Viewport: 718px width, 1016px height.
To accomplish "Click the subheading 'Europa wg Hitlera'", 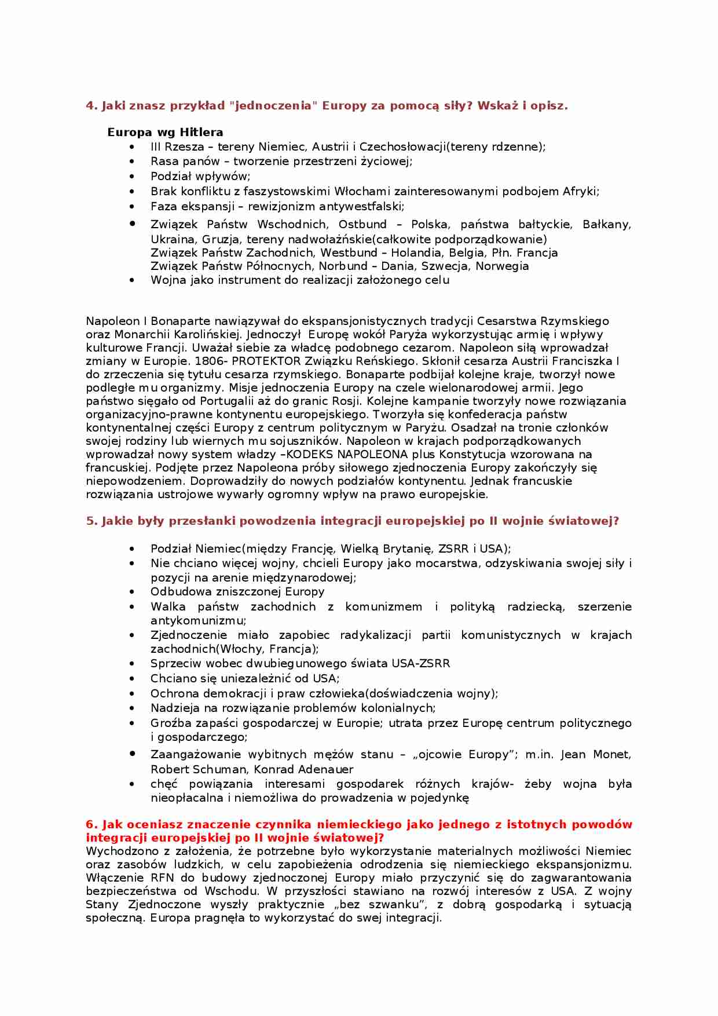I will pyautogui.click(x=165, y=132).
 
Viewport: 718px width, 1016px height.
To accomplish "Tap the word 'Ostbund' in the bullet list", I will pyautogui.click(x=362, y=224).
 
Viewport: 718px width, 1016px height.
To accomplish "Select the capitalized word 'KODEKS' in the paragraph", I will pyautogui.click(x=310, y=454).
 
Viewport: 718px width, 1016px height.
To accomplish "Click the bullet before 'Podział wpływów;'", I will pyautogui.click(x=133, y=176).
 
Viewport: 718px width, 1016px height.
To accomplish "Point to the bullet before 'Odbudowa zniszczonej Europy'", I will pyautogui.click(x=133, y=591).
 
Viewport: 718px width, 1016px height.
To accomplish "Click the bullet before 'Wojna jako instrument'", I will pyautogui.click(x=133, y=280).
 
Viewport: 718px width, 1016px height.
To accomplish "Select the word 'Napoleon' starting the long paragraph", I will pyautogui.click(x=112, y=321).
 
